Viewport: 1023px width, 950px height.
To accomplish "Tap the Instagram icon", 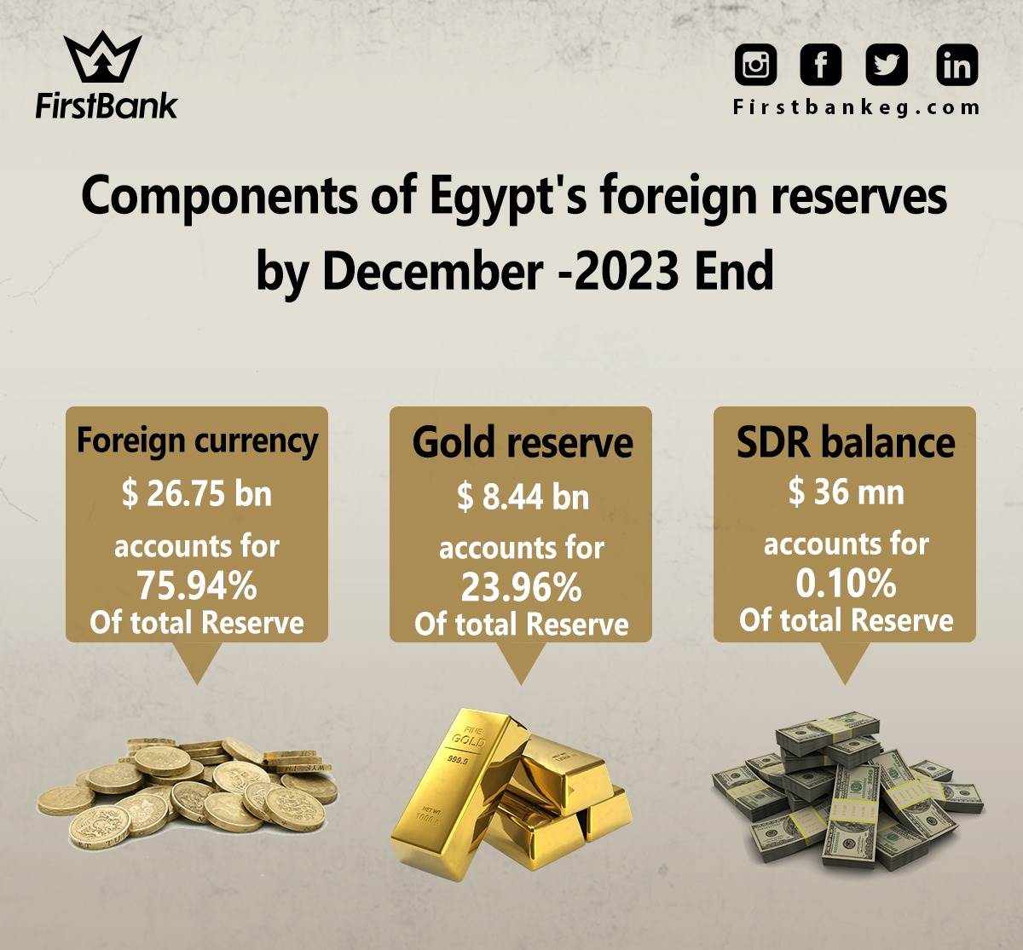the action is click(755, 65).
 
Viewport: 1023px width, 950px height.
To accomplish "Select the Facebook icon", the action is click(821, 65).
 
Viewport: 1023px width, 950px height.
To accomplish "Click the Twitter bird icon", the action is click(887, 65).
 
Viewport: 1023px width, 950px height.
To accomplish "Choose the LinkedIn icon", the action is click(957, 65).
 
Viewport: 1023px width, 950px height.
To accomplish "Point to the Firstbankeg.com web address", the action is click(856, 108).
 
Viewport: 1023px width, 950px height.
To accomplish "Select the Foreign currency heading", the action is click(197, 442).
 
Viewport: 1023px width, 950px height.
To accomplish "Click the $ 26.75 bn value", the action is click(197, 494).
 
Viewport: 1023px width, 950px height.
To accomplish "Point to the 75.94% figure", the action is click(197, 586).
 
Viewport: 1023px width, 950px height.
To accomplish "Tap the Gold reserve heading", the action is click(523, 442).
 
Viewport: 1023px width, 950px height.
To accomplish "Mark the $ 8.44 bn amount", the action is click(523, 498).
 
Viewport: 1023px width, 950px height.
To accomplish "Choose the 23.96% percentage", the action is click(521, 588).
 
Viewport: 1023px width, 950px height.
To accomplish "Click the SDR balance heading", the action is click(846, 442).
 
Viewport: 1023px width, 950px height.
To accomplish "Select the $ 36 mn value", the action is click(846, 492).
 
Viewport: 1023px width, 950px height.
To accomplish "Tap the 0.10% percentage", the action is click(846, 584).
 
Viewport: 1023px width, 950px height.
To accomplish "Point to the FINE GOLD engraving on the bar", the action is click(468, 737).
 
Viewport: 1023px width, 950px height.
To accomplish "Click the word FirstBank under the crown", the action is click(106, 107).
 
